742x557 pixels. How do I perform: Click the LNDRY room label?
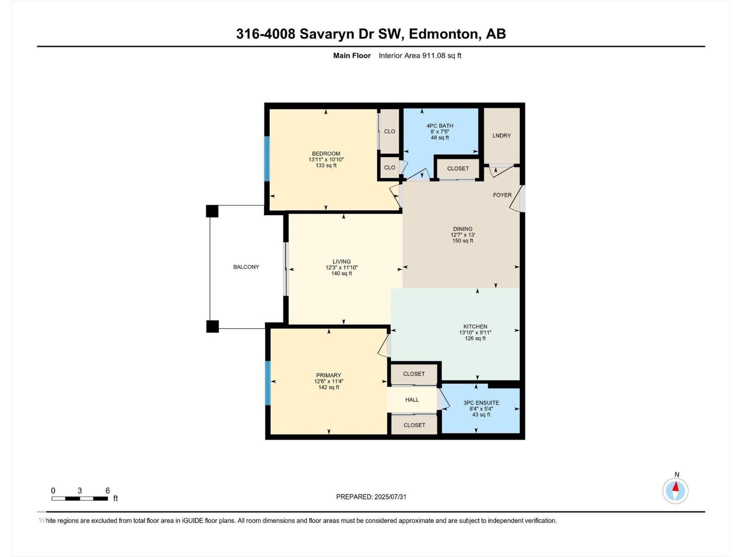[x=501, y=136]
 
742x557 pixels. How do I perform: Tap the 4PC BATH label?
[x=440, y=126]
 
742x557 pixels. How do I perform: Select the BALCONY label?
[x=246, y=267]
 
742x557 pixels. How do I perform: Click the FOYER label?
[x=502, y=195]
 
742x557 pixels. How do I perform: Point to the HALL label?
[x=412, y=400]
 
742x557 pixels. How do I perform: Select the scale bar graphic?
[x=80, y=499]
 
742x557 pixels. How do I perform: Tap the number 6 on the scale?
[x=108, y=491]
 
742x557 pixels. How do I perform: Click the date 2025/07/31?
[x=390, y=497]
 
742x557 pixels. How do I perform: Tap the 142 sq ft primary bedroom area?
[x=328, y=387]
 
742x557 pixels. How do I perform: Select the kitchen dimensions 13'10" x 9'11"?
[x=475, y=332]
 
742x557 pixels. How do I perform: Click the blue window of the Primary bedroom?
[x=268, y=383]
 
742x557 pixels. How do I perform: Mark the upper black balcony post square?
[x=212, y=211]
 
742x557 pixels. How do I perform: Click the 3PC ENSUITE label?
[x=481, y=403]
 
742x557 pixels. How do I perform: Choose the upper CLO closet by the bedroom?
[x=390, y=131]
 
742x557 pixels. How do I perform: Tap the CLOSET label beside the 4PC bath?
[x=458, y=168]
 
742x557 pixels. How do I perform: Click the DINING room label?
[x=462, y=229]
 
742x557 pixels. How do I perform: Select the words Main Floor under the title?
[x=352, y=56]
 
